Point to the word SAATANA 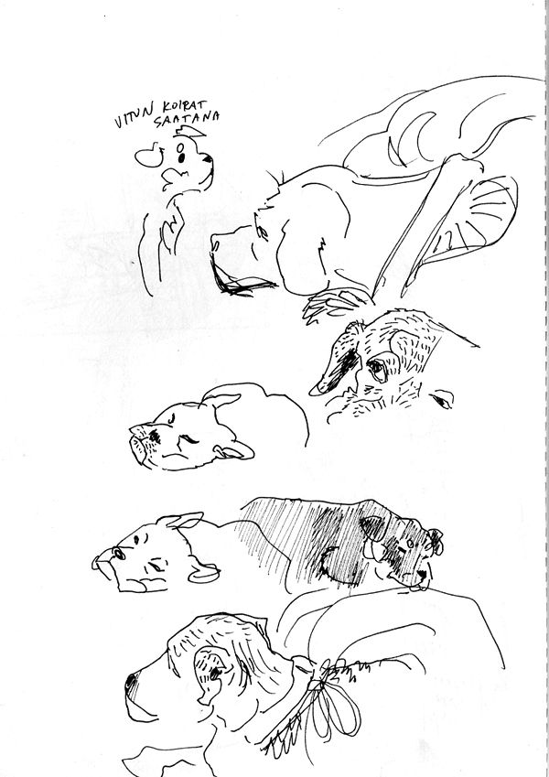[x=187, y=119]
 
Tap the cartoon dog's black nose [x=207, y=159]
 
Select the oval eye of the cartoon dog [x=180, y=147]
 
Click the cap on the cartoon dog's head [x=189, y=131]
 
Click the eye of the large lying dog [x=261, y=232]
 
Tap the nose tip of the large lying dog [x=214, y=244]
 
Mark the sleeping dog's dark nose [x=154, y=436]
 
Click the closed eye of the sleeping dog [x=189, y=439]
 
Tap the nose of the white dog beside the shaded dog [x=118, y=553]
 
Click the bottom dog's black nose [x=131, y=683]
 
